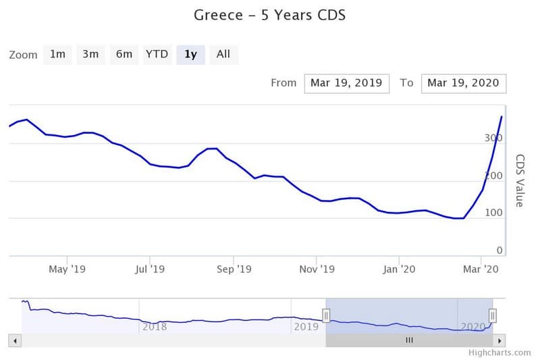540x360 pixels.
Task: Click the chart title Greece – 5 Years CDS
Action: coord(269,15)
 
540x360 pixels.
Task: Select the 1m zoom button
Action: coord(57,55)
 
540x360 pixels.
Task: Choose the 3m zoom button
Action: coord(90,55)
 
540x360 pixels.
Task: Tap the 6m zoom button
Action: coord(124,55)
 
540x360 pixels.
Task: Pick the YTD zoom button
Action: coord(157,55)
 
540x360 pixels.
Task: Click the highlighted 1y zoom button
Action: coord(190,55)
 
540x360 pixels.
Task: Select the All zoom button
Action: coord(223,55)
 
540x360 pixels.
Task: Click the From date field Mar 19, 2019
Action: coord(346,83)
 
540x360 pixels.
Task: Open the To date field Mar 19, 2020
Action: coord(464,83)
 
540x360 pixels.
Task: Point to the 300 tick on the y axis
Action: coord(493,138)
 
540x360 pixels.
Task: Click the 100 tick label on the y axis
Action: coord(493,213)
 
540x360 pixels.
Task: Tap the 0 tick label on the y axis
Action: coord(500,251)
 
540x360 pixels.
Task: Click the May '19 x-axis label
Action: coord(67,269)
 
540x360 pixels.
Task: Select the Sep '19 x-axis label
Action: coord(234,269)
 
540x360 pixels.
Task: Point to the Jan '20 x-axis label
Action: coord(399,269)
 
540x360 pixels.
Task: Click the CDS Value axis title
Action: coord(520,180)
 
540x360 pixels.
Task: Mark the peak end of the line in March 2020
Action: coord(502,117)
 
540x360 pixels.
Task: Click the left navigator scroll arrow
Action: coord(15,340)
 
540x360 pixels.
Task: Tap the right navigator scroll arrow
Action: coord(500,340)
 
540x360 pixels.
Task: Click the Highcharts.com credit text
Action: coord(500,353)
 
